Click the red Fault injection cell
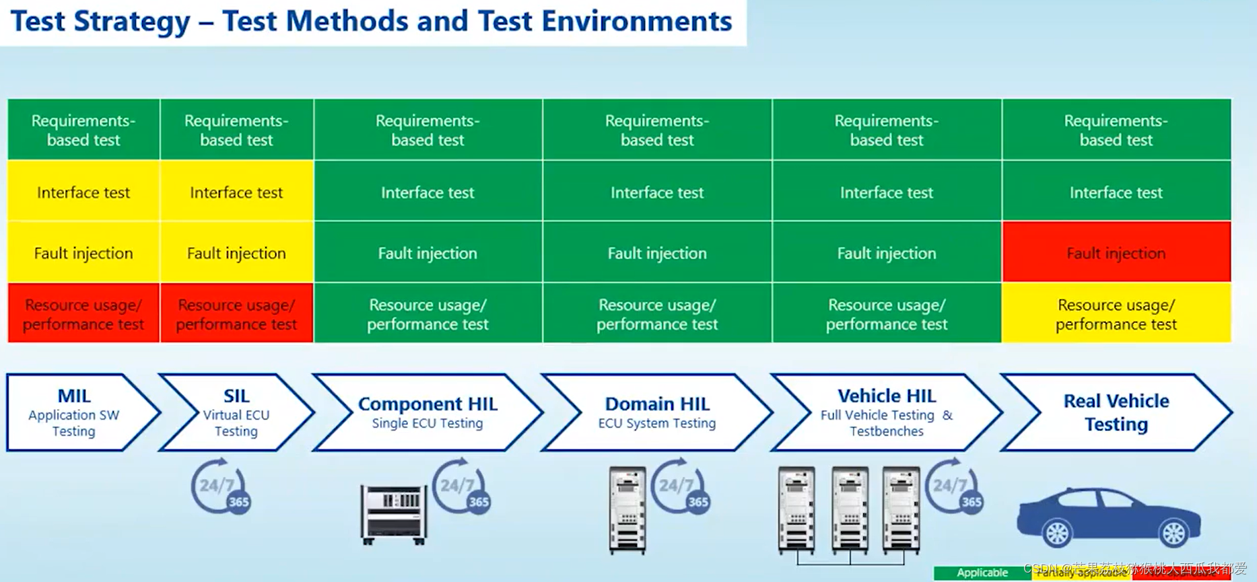(1116, 252)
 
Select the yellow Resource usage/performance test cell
(1116, 314)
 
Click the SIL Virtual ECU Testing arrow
(236, 412)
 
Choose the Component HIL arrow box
(427, 412)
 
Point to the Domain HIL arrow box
(656, 412)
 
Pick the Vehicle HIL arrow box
(886, 412)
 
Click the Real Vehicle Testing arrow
(1116, 412)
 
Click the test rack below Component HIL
(394, 513)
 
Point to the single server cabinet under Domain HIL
(627, 510)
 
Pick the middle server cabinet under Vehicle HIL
(850, 510)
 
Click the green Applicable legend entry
(982, 573)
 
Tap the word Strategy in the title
(132, 21)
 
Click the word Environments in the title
(636, 21)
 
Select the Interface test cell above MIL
(83, 192)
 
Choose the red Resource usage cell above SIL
(236, 314)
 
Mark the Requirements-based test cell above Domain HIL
(657, 130)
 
